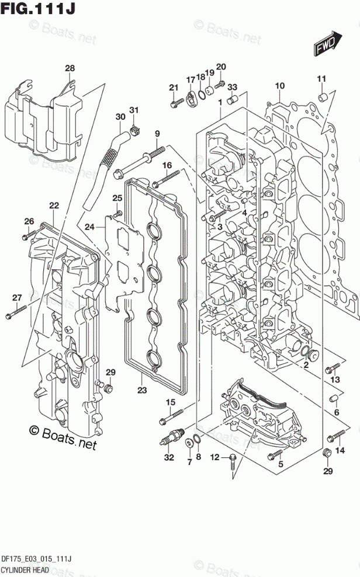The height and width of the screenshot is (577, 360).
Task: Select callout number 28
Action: (x=70, y=69)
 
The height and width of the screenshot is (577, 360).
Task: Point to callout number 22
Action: (x=54, y=205)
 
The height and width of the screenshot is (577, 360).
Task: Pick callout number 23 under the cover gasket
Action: (x=142, y=390)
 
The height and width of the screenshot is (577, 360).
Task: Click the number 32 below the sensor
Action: (x=169, y=458)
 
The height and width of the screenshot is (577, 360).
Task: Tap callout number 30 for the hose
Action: (x=120, y=117)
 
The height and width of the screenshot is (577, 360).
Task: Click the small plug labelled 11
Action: (x=322, y=95)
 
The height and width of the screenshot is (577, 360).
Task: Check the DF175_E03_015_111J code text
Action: (x=36, y=559)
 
